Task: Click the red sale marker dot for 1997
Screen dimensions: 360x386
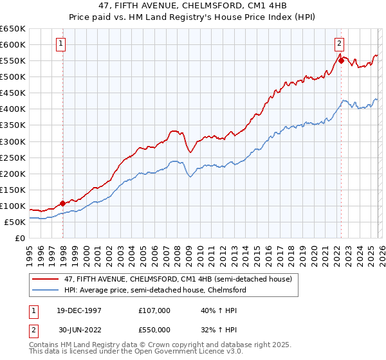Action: [x=62, y=203]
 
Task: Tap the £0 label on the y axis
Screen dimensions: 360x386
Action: [x=19, y=238]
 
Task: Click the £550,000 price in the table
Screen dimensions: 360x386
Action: [x=154, y=329]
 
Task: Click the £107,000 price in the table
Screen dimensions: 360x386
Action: [x=154, y=310]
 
